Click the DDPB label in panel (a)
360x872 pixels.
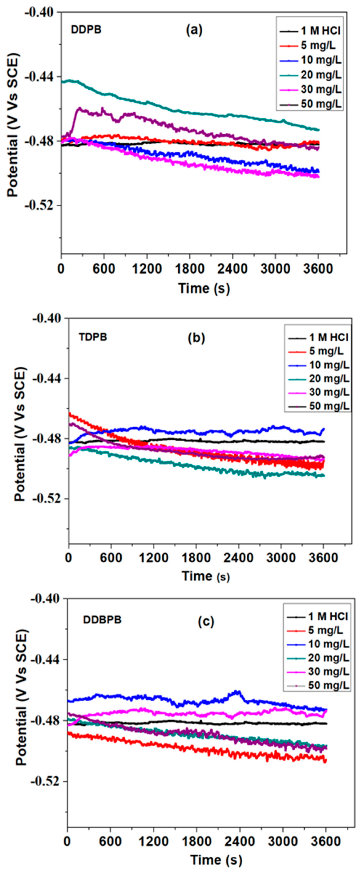(86, 30)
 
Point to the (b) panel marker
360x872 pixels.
(197, 338)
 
